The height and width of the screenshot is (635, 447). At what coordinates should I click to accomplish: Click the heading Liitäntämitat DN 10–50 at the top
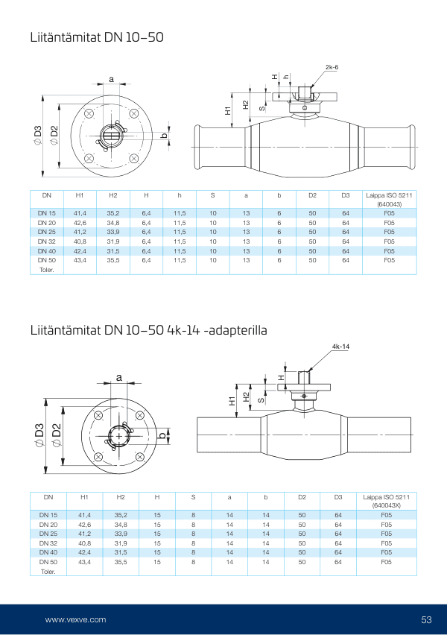(x=96, y=36)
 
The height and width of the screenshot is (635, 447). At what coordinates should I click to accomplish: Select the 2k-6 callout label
(x=332, y=67)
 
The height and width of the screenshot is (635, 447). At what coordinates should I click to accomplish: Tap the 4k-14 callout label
(x=341, y=347)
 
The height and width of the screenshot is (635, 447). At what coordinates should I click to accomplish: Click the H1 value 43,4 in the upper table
(x=80, y=260)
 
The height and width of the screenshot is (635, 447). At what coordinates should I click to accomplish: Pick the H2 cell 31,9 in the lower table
(x=120, y=543)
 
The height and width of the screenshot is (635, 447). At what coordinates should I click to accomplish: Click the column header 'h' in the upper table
(x=180, y=195)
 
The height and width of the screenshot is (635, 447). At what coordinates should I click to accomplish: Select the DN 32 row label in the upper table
(x=47, y=241)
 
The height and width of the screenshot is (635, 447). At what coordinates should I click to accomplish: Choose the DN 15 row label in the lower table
(x=48, y=515)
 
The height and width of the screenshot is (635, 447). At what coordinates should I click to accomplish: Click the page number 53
(x=426, y=619)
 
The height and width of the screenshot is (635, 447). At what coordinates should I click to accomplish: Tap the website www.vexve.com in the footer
(x=75, y=619)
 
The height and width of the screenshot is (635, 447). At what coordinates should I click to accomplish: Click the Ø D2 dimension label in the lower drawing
(x=57, y=433)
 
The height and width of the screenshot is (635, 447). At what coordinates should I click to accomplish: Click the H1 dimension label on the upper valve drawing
(x=228, y=110)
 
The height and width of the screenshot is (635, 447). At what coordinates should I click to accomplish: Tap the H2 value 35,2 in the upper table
(x=113, y=213)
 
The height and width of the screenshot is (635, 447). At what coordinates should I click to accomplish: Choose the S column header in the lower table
(x=193, y=496)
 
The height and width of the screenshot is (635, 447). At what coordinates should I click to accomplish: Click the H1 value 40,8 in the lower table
(x=84, y=543)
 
